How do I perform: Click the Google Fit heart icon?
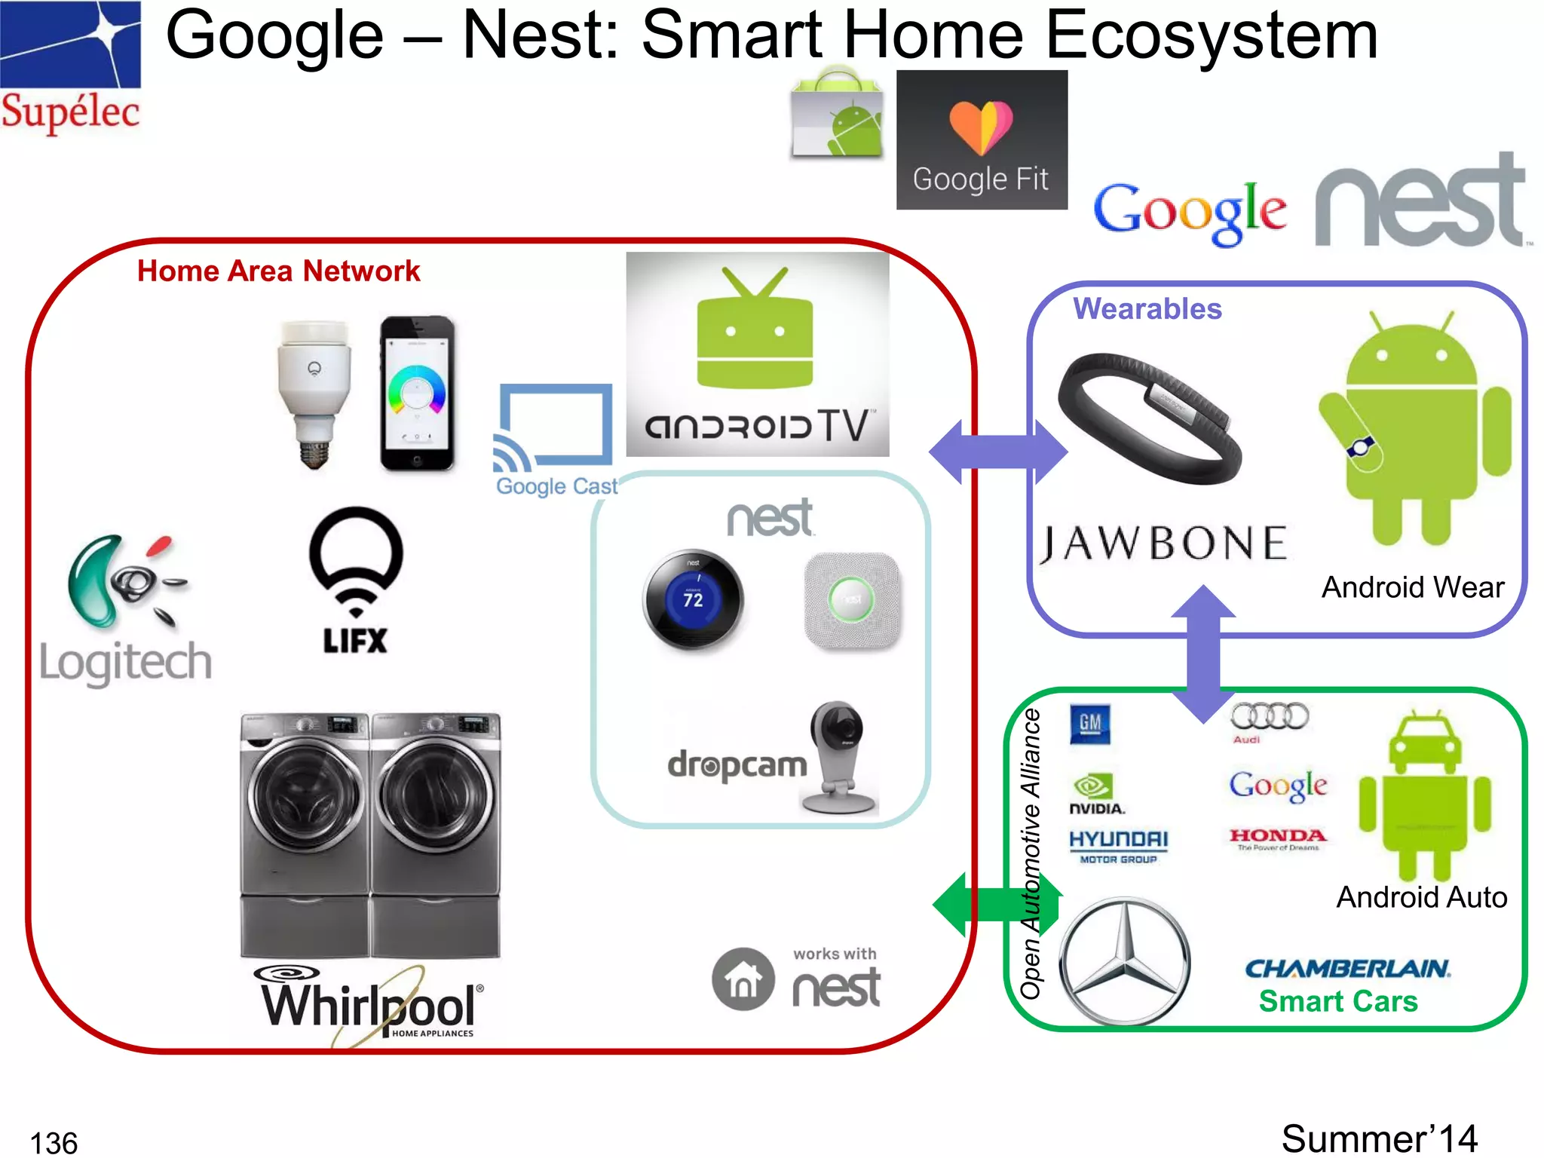981,127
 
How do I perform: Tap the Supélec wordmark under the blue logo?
70,112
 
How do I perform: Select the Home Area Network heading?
278,271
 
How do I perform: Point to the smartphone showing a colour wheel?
417,394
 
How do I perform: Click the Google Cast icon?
555,430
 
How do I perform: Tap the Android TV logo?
757,354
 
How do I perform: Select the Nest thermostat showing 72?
693,599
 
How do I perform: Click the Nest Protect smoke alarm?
852,600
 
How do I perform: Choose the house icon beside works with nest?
743,979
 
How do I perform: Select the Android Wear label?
1412,587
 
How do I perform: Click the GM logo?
1090,724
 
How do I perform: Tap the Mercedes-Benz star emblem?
1125,961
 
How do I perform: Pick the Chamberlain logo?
1347,968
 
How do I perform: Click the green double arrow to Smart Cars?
997,905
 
